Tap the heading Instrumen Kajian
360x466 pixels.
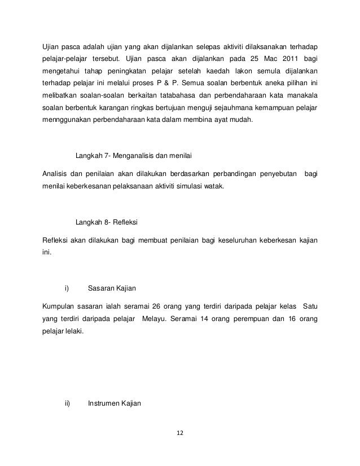pyautogui.click(x=115, y=403)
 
